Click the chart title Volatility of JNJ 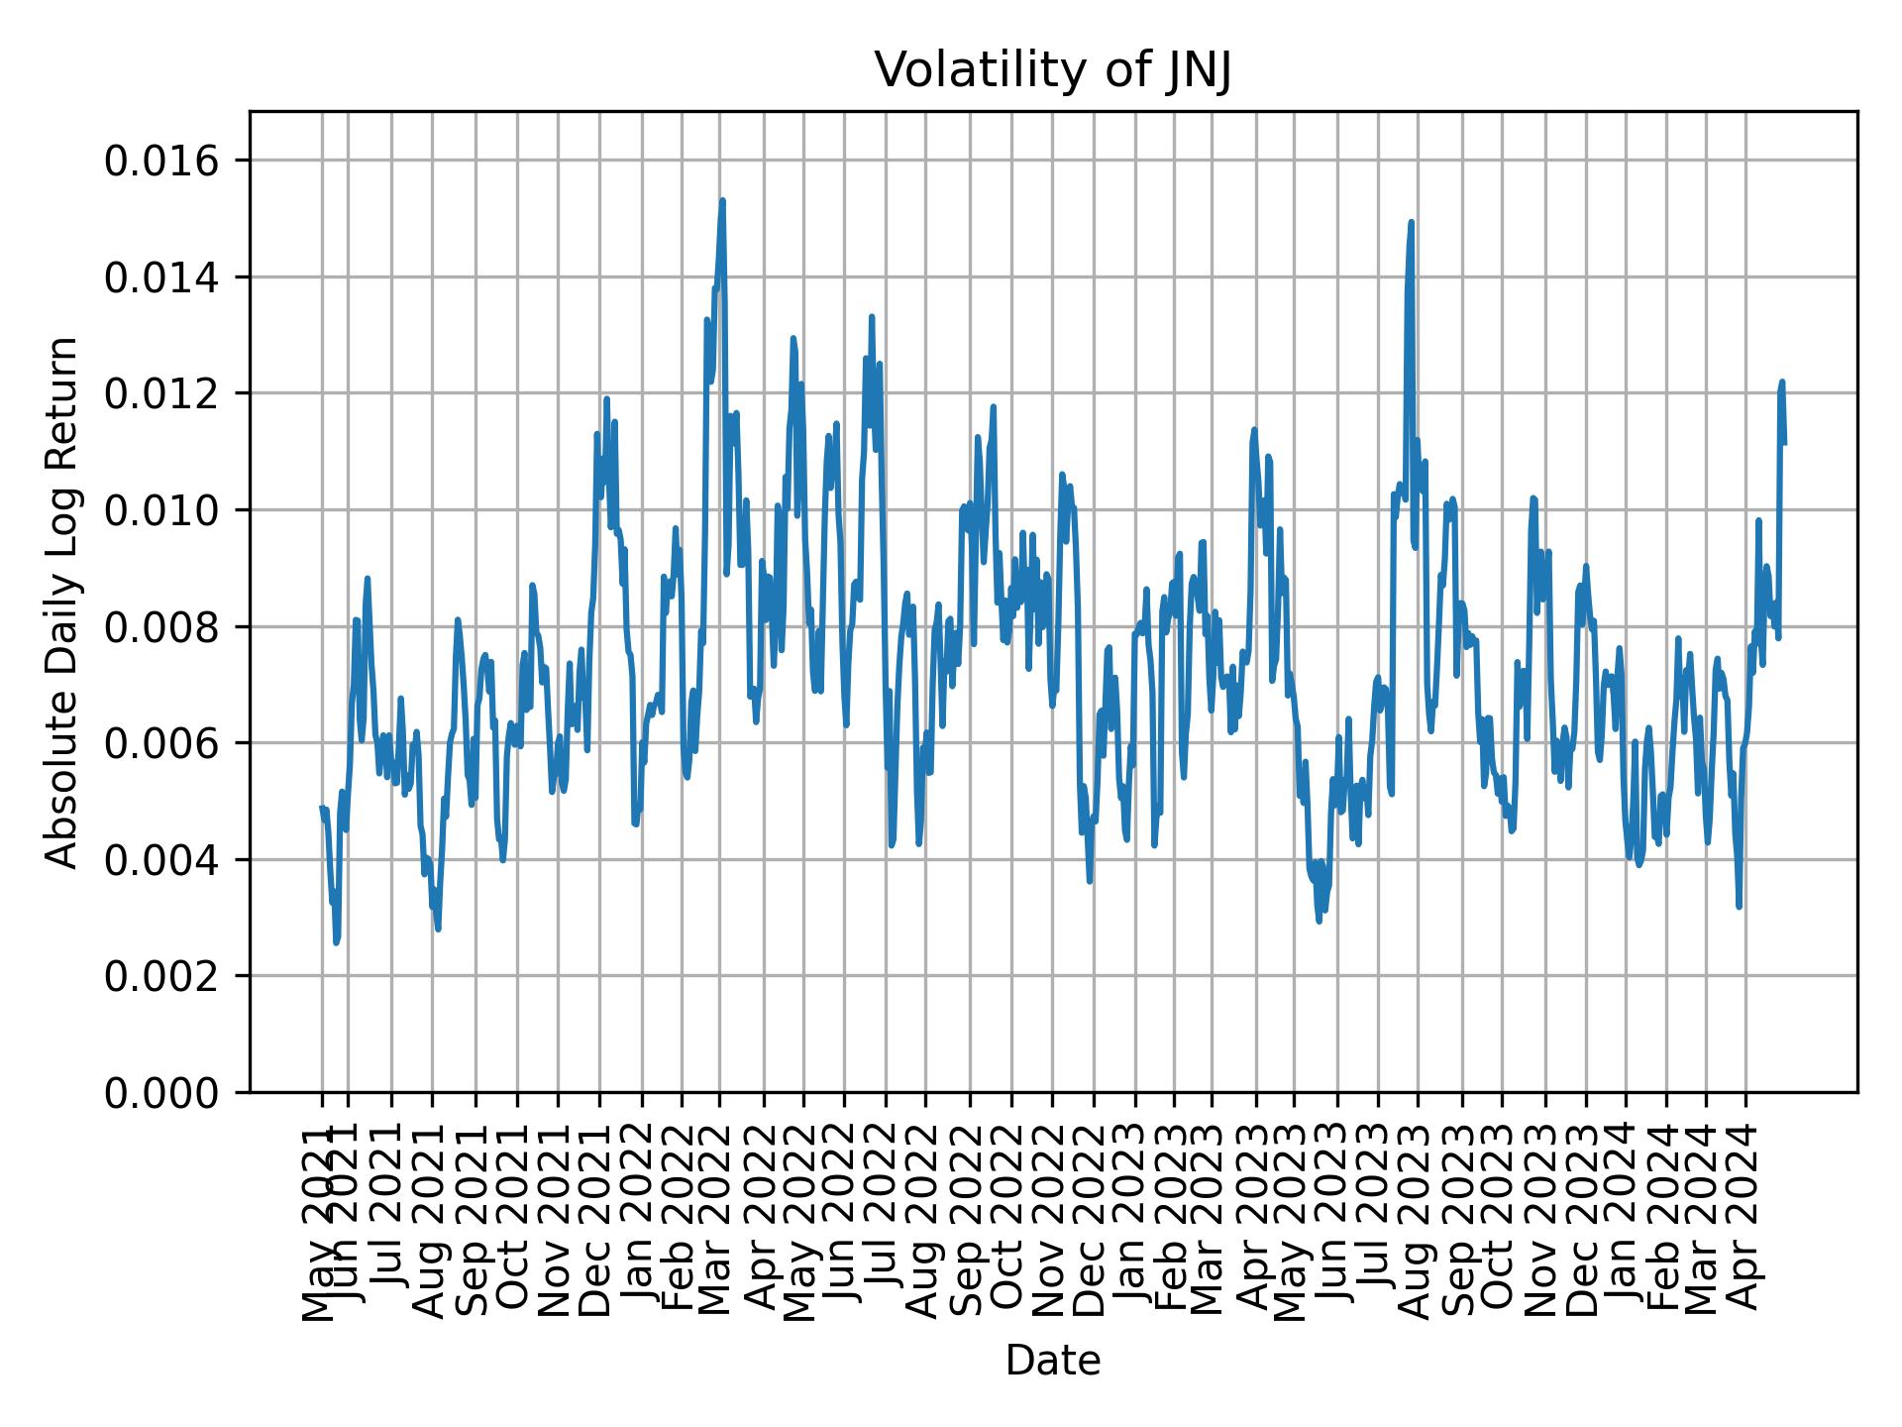click(x=1052, y=71)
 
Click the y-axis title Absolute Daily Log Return click(x=63, y=602)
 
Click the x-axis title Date click(x=1052, y=1361)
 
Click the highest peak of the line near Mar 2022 click(x=722, y=200)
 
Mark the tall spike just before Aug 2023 click(x=1411, y=222)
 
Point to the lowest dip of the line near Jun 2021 click(x=337, y=942)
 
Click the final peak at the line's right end click(x=1781, y=382)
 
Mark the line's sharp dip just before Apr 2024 click(x=1739, y=906)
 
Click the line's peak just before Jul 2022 click(x=871, y=317)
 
